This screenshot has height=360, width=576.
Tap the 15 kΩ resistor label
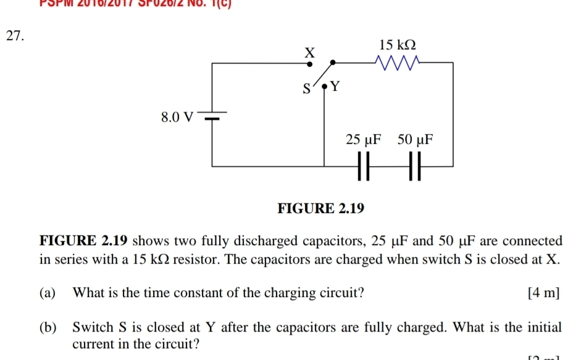click(398, 45)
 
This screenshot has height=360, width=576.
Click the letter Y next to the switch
click(335, 87)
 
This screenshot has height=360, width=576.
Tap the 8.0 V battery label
click(176, 116)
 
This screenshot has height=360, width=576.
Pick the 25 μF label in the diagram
click(364, 140)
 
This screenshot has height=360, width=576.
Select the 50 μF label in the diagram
click(415, 140)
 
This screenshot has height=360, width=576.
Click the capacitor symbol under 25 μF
click(364, 167)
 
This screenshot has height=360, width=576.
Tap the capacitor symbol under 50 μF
click(415, 167)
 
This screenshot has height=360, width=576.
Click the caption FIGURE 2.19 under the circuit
click(321, 208)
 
